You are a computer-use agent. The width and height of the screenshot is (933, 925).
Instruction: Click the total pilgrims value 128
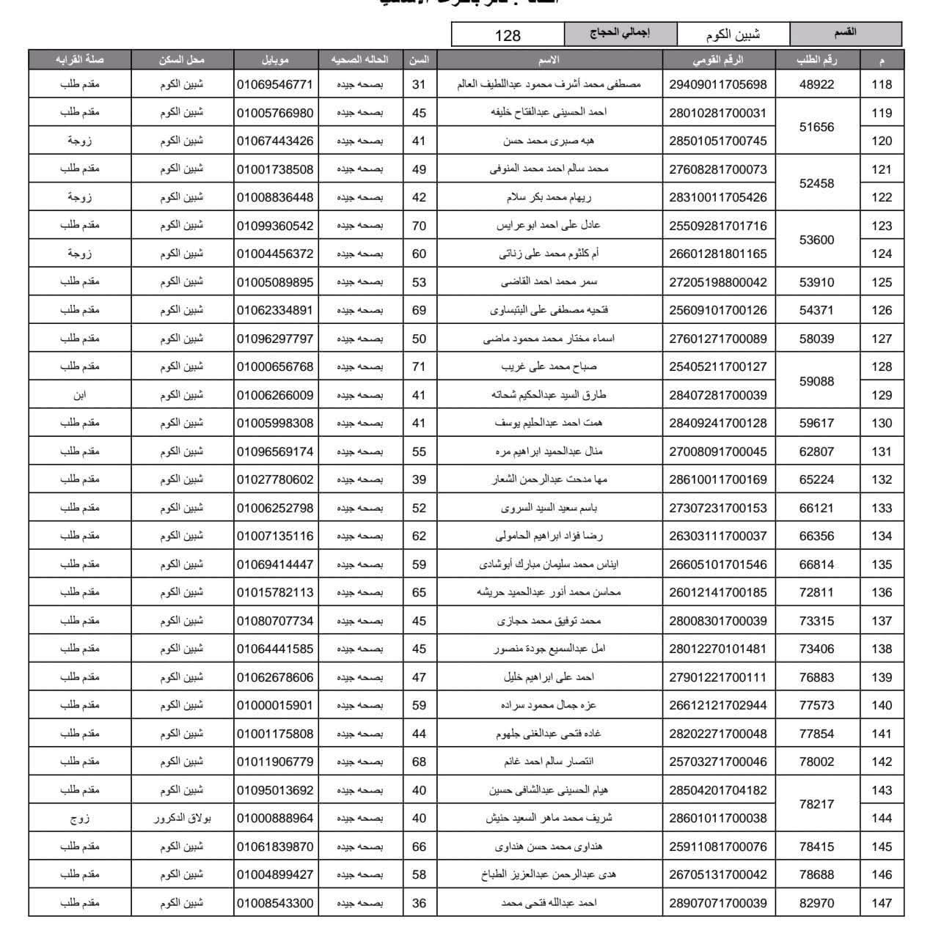[x=508, y=34]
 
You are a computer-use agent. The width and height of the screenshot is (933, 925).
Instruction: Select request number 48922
[x=816, y=84]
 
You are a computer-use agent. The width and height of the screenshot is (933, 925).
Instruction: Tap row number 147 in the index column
[x=882, y=903]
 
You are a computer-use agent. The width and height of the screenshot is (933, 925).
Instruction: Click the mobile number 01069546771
[x=275, y=84]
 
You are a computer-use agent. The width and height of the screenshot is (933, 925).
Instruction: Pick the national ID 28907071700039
[x=717, y=903]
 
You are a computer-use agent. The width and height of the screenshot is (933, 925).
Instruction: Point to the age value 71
[x=419, y=366]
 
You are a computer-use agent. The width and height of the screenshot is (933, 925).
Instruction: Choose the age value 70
[x=419, y=226]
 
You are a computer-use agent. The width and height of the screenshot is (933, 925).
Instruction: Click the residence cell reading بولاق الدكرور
[x=182, y=818]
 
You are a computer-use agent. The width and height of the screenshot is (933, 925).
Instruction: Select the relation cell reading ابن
[x=79, y=395]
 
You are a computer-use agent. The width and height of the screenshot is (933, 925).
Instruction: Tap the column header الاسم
[x=549, y=59]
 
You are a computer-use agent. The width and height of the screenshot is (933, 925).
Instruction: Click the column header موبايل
[x=275, y=59]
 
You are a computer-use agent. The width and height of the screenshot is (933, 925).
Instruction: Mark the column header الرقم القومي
[x=717, y=59]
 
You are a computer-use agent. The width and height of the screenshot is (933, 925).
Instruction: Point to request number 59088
[x=816, y=381]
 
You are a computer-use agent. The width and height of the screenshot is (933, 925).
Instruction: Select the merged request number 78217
[x=816, y=804]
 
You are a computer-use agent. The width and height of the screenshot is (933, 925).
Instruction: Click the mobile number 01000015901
[x=275, y=705]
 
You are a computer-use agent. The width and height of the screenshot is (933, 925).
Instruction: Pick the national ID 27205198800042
[x=717, y=282]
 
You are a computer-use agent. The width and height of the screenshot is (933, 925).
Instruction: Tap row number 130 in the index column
[x=882, y=423]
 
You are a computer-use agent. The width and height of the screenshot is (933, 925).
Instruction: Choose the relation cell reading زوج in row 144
[x=79, y=818]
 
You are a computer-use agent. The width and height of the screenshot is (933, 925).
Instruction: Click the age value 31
[x=419, y=84]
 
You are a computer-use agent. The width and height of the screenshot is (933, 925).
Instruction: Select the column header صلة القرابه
[x=79, y=59]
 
